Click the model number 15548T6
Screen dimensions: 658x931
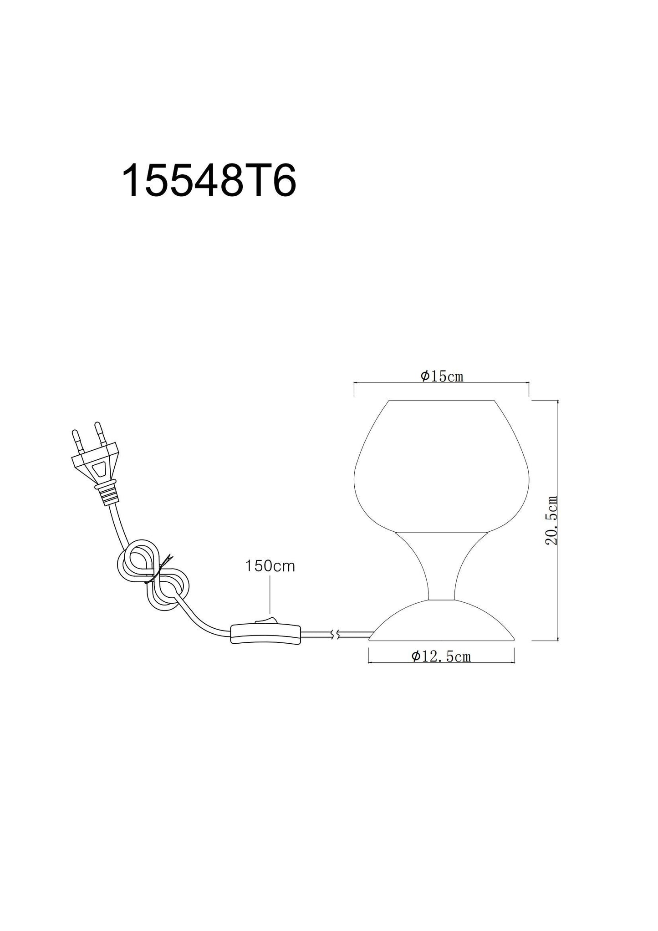[209, 181]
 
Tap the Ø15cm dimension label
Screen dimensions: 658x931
[442, 376]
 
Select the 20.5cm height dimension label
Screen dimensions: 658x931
[552, 520]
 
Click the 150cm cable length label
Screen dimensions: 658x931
[270, 566]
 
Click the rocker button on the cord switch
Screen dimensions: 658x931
[265, 620]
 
